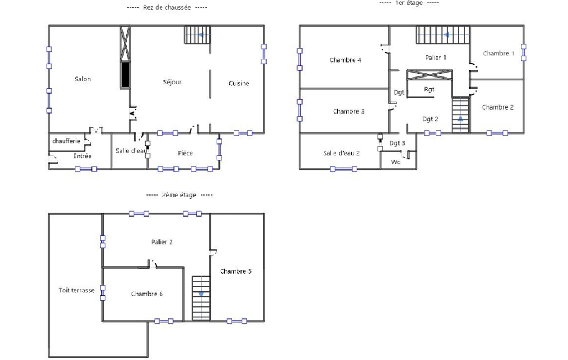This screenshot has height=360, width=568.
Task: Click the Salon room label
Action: coord(83,79)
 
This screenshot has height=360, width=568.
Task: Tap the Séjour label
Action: coord(172,82)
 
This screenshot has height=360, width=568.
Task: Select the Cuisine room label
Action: coord(239,83)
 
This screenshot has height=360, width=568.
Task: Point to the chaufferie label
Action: coord(66,141)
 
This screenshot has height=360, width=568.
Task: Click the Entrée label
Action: coord(82,156)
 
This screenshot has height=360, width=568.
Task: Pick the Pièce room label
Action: coord(185,153)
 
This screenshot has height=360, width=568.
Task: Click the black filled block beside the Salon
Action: coord(125,75)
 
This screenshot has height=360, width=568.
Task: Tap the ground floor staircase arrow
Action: coord(204,35)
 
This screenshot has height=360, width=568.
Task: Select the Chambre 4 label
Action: coord(345,60)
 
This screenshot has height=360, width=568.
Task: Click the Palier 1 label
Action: coord(436,58)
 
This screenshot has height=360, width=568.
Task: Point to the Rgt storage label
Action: coord(429,89)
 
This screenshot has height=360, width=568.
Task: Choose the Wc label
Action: coord(396,162)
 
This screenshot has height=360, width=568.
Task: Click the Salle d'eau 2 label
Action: coord(341,153)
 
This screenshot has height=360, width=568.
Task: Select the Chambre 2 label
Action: coord(498,107)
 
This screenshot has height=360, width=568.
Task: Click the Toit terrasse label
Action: coord(76,290)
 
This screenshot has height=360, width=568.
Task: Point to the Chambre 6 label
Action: coord(147,294)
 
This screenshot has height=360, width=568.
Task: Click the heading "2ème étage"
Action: coord(179,195)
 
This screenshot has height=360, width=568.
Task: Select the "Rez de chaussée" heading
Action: coord(167,7)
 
